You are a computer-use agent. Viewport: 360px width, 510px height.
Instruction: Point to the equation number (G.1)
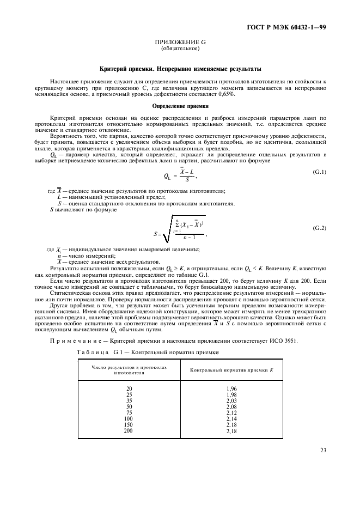point(319,172)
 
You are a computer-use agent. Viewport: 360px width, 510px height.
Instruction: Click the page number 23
point(322,451)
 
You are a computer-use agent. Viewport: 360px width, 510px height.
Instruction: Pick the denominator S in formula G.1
point(187,180)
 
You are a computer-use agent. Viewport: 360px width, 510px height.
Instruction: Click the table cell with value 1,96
point(231,388)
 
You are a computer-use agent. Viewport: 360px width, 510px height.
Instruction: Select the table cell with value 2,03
point(231,400)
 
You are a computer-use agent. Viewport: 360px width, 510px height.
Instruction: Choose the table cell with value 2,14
point(231,418)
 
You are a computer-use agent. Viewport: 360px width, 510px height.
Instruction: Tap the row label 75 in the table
point(129,412)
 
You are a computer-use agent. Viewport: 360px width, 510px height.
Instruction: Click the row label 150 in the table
point(129,424)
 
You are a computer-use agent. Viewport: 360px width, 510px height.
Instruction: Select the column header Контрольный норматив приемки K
point(231,371)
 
